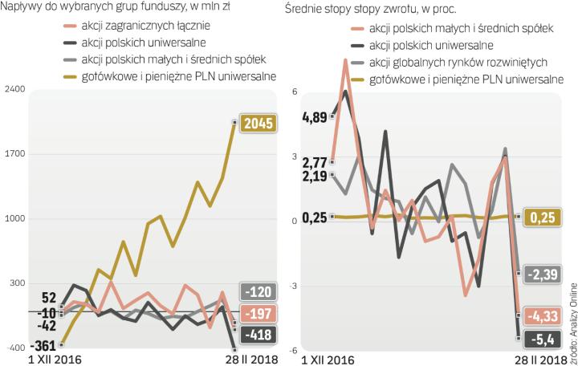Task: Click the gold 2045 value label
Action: point(259,123)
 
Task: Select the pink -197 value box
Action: point(259,314)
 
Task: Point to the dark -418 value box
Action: point(259,335)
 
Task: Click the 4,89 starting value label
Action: point(315,117)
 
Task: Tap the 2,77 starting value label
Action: point(315,162)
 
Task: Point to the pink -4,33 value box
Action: point(547,315)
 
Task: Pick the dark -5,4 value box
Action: point(547,337)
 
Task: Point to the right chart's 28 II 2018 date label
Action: point(537,360)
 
